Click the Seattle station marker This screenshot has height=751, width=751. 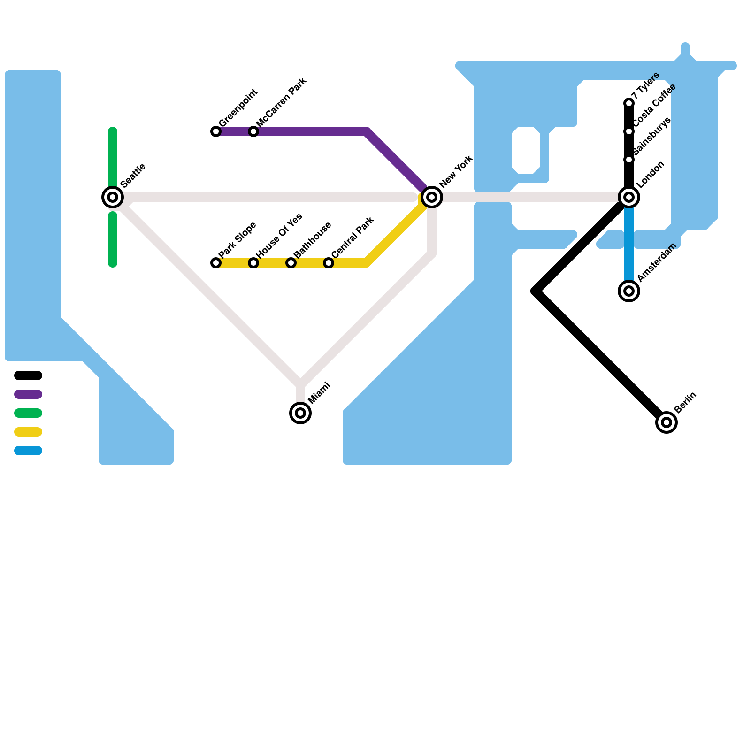[113, 197]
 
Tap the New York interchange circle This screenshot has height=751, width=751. [432, 197]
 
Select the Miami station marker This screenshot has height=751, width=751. [300, 413]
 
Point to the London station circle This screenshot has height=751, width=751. [629, 197]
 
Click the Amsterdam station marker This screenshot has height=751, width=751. [629, 291]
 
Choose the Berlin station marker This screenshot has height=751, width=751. [667, 422]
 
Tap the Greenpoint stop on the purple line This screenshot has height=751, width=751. [216, 131]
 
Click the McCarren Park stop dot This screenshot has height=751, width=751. [253, 131]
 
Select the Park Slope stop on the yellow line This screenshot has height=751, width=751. [216, 263]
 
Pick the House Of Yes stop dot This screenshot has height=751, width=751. [253, 263]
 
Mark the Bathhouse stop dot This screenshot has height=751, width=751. [291, 263]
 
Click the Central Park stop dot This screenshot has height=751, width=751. [329, 263]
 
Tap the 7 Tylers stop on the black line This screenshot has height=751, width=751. [629, 103]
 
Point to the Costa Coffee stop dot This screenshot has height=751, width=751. [629, 131]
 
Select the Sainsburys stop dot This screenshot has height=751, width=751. [629, 160]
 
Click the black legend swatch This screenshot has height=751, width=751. [28, 375]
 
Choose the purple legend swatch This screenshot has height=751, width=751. [28, 394]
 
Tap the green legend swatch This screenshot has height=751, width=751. [28, 413]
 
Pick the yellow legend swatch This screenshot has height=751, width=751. [28, 432]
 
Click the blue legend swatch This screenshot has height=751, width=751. [28, 451]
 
